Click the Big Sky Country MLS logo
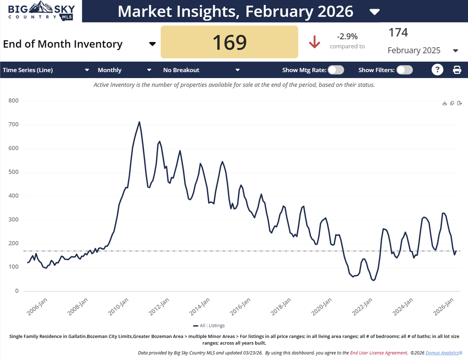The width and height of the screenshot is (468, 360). click(x=41, y=11)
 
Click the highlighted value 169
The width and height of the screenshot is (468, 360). click(x=229, y=42)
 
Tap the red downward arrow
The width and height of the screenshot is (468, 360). click(x=314, y=42)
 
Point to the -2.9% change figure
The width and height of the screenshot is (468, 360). click(x=347, y=36)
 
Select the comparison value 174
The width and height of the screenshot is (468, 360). click(x=398, y=33)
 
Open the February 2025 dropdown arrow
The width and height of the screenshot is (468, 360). click(x=456, y=51)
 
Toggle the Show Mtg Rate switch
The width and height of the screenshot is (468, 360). click(x=336, y=70)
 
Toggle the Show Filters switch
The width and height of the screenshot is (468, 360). click(x=404, y=70)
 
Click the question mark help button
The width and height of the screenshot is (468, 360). click(x=437, y=70)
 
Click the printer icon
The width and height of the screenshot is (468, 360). click(x=457, y=70)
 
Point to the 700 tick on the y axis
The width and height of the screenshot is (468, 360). click(x=13, y=125)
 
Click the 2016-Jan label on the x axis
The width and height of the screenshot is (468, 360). click(x=241, y=306)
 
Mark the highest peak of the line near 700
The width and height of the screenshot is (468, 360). click(x=139, y=122)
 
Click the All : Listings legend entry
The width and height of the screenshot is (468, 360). click(x=209, y=326)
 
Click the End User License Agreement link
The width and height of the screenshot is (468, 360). click(x=378, y=353)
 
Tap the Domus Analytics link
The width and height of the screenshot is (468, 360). click(x=444, y=353)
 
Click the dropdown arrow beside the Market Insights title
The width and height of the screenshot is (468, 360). click(x=374, y=12)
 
